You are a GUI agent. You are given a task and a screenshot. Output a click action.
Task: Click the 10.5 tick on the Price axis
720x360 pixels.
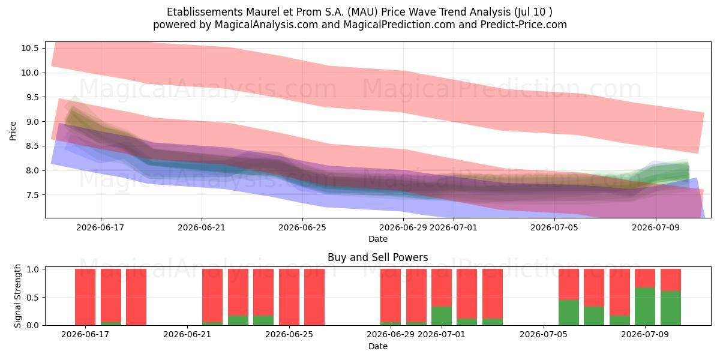tap(30, 48)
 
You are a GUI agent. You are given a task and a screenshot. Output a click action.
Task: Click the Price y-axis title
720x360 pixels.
tap(13, 131)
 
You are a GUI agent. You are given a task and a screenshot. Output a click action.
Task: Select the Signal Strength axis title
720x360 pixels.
tap(17, 296)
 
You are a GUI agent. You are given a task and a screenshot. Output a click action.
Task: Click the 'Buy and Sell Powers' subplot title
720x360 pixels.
tap(377, 257)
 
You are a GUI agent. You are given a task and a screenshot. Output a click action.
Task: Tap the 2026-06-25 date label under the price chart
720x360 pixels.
tap(302, 227)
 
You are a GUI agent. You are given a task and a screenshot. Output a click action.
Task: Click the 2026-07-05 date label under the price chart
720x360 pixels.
tap(554, 227)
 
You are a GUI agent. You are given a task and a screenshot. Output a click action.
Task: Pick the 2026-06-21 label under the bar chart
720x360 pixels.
tap(187, 335)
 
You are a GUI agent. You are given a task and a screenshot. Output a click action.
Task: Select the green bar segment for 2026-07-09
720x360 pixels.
tap(645, 307)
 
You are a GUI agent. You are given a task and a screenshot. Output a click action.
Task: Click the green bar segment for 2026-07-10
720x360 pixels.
tap(671, 308)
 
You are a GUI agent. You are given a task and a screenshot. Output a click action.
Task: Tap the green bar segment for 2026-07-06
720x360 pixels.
tap(569, 313)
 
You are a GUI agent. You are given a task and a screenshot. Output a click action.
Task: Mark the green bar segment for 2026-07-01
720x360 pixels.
tap(442, 316)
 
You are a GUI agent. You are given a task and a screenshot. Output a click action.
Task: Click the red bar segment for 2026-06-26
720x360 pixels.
tap(314, 297)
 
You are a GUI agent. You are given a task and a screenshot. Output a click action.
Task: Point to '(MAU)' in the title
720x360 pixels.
tap(362, 12)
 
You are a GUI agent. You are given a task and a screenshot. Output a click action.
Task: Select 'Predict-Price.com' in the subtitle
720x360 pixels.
tap(524, 25)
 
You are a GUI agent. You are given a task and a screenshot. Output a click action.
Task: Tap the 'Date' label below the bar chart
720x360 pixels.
tap(377, 346)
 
